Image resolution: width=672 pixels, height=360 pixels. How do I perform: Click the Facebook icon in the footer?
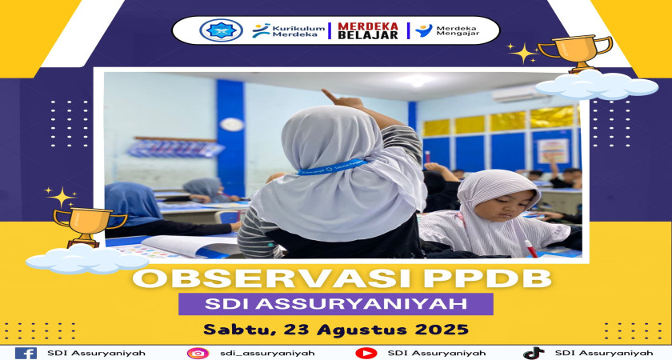pyautogui.click(x=26, y=353)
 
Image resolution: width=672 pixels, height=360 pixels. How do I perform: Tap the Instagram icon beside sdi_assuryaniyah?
pyautogui.click(x=198, y=353)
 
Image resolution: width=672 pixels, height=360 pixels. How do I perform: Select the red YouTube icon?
pyautogui.click(x=366, y=353)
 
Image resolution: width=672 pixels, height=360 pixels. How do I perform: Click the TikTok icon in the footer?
pyautogui.click(x=534, y=353)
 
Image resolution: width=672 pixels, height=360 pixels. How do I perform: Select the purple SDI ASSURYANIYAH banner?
pyautogui.click(x=335, y=304)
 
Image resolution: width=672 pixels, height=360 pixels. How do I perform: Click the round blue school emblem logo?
pyautogui.click(x=221, y=30)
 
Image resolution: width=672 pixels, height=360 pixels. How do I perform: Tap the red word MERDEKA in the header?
pyautogui.click(x=368, y=26)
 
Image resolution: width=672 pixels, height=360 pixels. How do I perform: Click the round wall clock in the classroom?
pyautogui.click(x=232, y=125)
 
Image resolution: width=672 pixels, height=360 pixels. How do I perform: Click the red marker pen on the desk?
pyautogui.click(x=531, y=249)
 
